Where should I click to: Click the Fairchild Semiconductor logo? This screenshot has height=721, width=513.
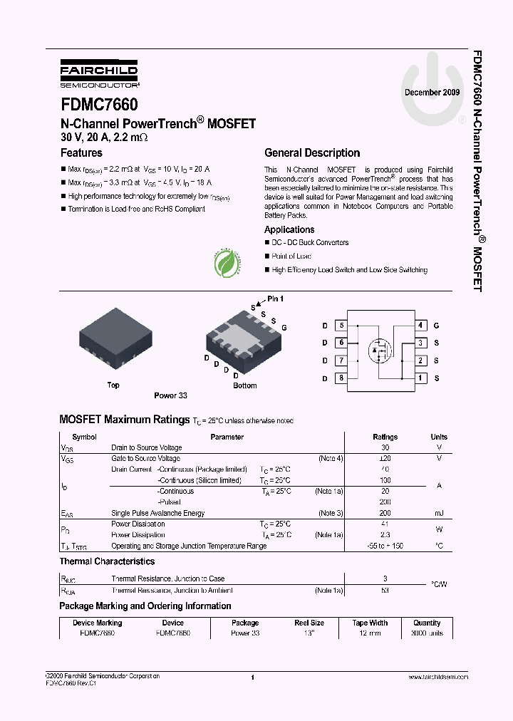(x=99, y=73)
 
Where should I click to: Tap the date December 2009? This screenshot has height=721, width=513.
(x=432, y=93)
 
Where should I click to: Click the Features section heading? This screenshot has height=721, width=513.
(x=81, y=153)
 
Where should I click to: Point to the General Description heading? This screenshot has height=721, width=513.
(x=312, y=153)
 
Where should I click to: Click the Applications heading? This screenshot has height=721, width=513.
(x=289, y=229)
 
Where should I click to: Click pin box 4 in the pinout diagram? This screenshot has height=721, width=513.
(x=420, y=325)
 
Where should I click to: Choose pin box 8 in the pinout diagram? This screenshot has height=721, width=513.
(x=342, y=378)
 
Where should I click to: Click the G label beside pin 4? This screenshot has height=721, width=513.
(x=436, y=326)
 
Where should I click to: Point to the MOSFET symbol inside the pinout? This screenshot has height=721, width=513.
(x=378, y=351)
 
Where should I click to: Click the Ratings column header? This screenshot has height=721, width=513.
(x=385, y=437)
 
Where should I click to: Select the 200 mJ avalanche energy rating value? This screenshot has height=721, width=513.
(x=385, y=513)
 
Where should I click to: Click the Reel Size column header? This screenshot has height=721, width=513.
(x=309, y=623)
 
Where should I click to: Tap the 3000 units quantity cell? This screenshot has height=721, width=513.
(x=427, y=633)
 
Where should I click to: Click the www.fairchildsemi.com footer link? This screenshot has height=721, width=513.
(x=438, y=677)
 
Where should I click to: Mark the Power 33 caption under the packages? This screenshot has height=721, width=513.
(x=170, y=395)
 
